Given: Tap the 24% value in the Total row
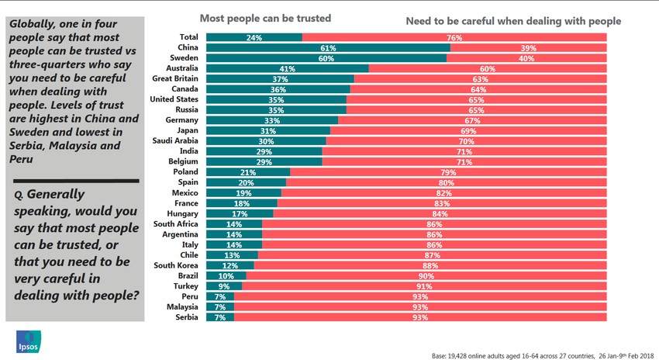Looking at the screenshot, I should tap(254, 37).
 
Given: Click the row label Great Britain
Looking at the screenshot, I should tap(175, 78).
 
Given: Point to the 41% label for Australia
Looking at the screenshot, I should tap(287, 68).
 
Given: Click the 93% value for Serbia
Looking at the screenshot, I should tap(421, 317).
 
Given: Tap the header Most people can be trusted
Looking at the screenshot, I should tap(265, 18).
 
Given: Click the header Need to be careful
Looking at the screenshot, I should tap(513, 21).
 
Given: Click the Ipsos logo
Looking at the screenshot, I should tap(29, 341).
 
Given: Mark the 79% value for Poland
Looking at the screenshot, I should tap(447, 172).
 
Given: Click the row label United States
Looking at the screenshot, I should tap(174, 99).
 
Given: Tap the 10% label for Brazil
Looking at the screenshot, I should tap(226, 275).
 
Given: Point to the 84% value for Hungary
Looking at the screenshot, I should tap(440, 213).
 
